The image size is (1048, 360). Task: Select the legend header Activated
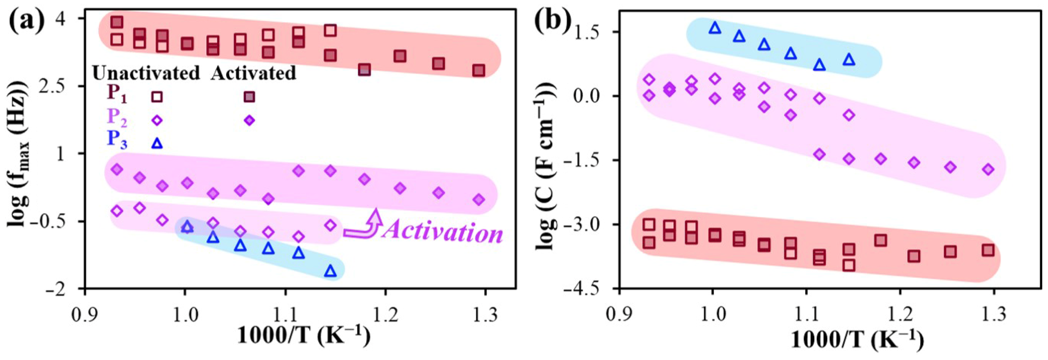click(x=253, y=74)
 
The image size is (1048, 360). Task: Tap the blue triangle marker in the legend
click(x=157, y=143)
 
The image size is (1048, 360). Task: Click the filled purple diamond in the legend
click(x=250, y=120)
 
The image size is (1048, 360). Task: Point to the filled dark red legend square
click(x=250, y=97)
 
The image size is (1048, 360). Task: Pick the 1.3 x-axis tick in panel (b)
click(x=994, y=314)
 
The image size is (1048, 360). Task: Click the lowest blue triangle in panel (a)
click(x=331, y=271)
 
